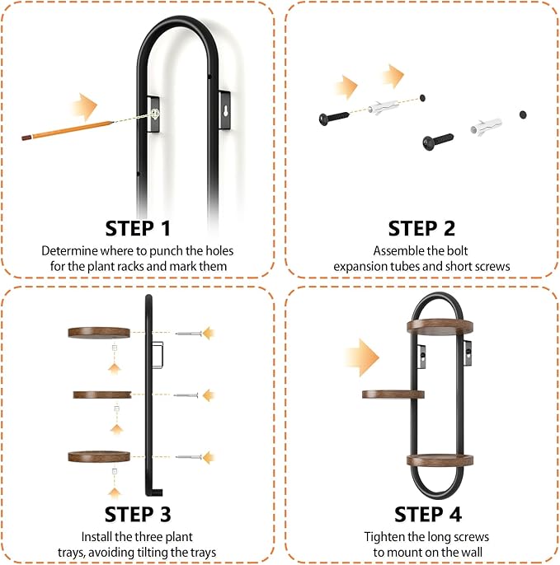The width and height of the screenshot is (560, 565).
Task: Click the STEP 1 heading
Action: click(138, 228)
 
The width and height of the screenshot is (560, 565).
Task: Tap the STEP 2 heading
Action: click(421, 228)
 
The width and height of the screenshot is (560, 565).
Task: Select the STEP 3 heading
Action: click(138, 514)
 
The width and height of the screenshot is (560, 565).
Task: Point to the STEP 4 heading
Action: click(428, 514)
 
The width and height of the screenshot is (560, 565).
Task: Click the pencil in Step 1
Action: click(68, 130)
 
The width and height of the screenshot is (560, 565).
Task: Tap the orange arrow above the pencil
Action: click(85, 107)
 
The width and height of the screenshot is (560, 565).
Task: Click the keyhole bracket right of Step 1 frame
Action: click(225, 110)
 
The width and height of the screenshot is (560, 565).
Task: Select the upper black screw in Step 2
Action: click(334, 118)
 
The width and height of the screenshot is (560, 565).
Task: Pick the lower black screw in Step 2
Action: click(438, 142)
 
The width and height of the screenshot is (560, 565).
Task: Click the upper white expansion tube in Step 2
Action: click(384, 107)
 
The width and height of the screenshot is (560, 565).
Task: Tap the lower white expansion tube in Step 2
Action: click(486, 127)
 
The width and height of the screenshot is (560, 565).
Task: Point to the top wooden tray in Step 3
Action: click(99, 333)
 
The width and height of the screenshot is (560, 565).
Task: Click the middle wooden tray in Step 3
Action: click(102, 395)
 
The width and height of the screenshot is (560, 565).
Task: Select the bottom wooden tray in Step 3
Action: click(99, 456)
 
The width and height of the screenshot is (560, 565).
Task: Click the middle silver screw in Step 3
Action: click(186, 395)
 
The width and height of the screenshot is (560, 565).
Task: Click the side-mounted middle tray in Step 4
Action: click(393, 395)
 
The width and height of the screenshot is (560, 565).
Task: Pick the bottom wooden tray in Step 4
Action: click(440, 460)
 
